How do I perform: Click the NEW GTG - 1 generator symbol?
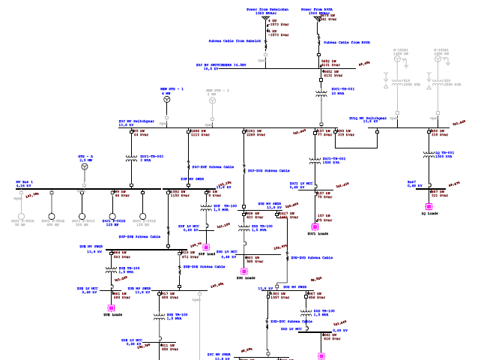(167, 99)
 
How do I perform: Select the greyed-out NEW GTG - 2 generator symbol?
(212, 99)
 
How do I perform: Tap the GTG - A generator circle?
(85, 166)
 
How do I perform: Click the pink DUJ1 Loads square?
(315, 226)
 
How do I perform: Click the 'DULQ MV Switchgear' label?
(368, 118)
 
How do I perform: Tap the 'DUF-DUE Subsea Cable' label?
(139, 236)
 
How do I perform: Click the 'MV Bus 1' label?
(25, 182)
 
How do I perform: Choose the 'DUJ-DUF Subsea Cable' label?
(213, 166)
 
